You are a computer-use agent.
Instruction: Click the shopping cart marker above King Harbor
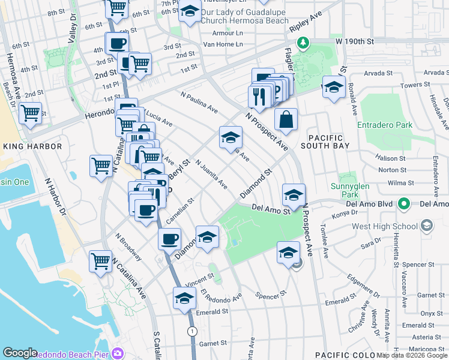point(30,113)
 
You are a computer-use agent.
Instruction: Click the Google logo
point(20,353)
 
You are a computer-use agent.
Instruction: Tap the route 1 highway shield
point(191,331)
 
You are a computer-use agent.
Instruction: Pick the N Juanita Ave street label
point(210,173)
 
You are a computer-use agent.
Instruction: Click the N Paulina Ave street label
point(199,102)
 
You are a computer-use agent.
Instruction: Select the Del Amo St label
point(271,209)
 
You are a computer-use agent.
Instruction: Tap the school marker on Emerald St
point(184,298)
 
